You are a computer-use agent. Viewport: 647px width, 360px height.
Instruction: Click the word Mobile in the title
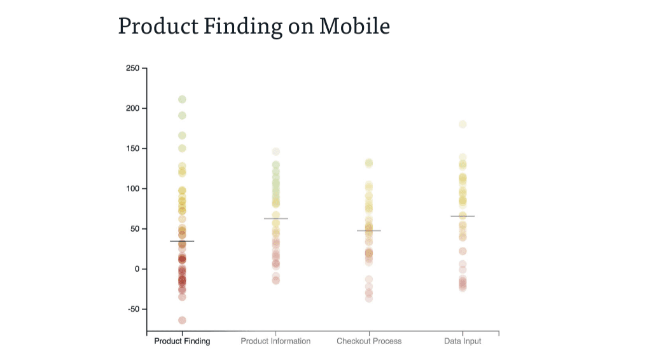[354, 26]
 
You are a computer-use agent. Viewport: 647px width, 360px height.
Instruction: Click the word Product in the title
[155, 26]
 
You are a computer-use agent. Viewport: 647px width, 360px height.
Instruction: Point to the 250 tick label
[132, 68]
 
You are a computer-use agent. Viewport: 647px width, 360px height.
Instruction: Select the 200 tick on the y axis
[132, 108]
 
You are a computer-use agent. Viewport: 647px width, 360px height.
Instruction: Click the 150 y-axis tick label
[132, 148]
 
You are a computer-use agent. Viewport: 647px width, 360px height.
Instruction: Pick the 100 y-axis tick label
[132, 189]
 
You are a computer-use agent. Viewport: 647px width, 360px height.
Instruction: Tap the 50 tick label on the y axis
[134, 229]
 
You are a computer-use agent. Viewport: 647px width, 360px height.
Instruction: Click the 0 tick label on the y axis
[136, 269]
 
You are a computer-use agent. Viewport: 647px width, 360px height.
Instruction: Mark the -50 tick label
[133, 309]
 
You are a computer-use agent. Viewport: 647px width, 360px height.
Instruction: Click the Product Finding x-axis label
[182, 342]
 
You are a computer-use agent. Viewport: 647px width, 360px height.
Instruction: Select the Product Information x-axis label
[275, 342]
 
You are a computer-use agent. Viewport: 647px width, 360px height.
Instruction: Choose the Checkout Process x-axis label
[369, 342]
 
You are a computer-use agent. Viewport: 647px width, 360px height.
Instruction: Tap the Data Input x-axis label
[463, 342]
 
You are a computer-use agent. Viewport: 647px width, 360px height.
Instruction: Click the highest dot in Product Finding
[182, 99]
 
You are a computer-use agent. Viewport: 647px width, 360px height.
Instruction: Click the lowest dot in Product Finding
[182, 320]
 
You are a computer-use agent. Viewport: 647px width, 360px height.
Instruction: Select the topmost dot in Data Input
[463, 124]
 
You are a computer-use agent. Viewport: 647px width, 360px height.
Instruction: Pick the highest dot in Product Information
[276, 151]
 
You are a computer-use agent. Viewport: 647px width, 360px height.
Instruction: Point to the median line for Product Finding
[182, 241]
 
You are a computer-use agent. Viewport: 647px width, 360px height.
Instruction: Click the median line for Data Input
[463, 216]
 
